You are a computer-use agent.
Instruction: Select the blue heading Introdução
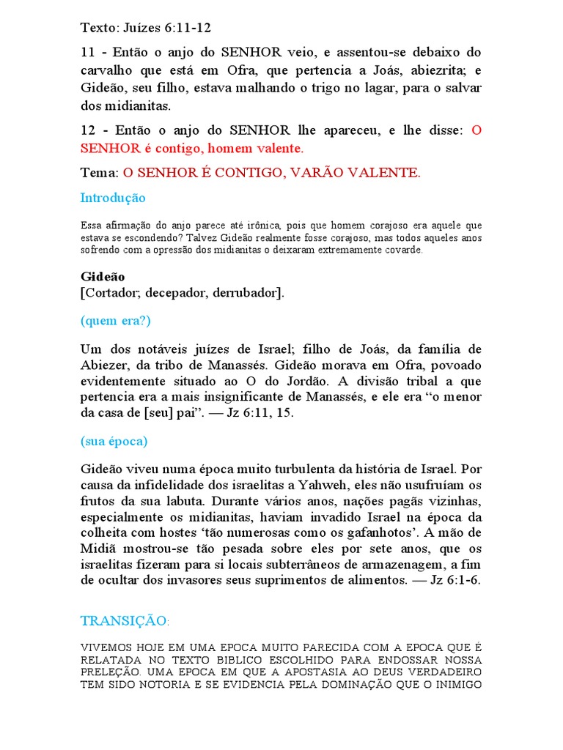[x=113, y=198]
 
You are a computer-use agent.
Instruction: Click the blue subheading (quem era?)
[x=115, y=321]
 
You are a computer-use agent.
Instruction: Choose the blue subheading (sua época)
[x=114, y=441]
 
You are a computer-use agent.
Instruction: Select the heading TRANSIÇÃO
[x=123, y=621]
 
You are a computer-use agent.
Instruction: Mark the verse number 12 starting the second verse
[x=88, y=130]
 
